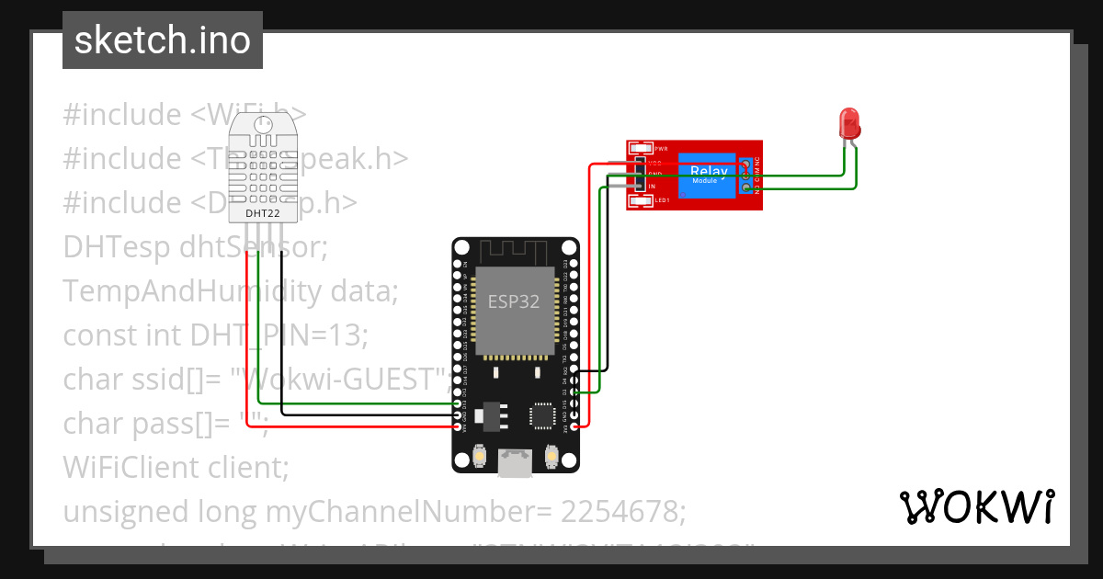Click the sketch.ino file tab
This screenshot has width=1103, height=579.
click(x=163, y=40)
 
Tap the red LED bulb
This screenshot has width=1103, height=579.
click(x=849, y=122)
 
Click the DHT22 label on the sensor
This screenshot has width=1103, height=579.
click(x=262, y=213)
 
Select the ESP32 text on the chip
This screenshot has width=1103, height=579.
click(x=513, y=302)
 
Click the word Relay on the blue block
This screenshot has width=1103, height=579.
click(x=709, y=171)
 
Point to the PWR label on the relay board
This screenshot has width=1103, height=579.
click(x=661, y=148)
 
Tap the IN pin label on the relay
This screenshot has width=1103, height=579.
click(x=652, y=187)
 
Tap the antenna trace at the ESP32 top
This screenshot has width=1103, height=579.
click(x=515, y=251)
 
